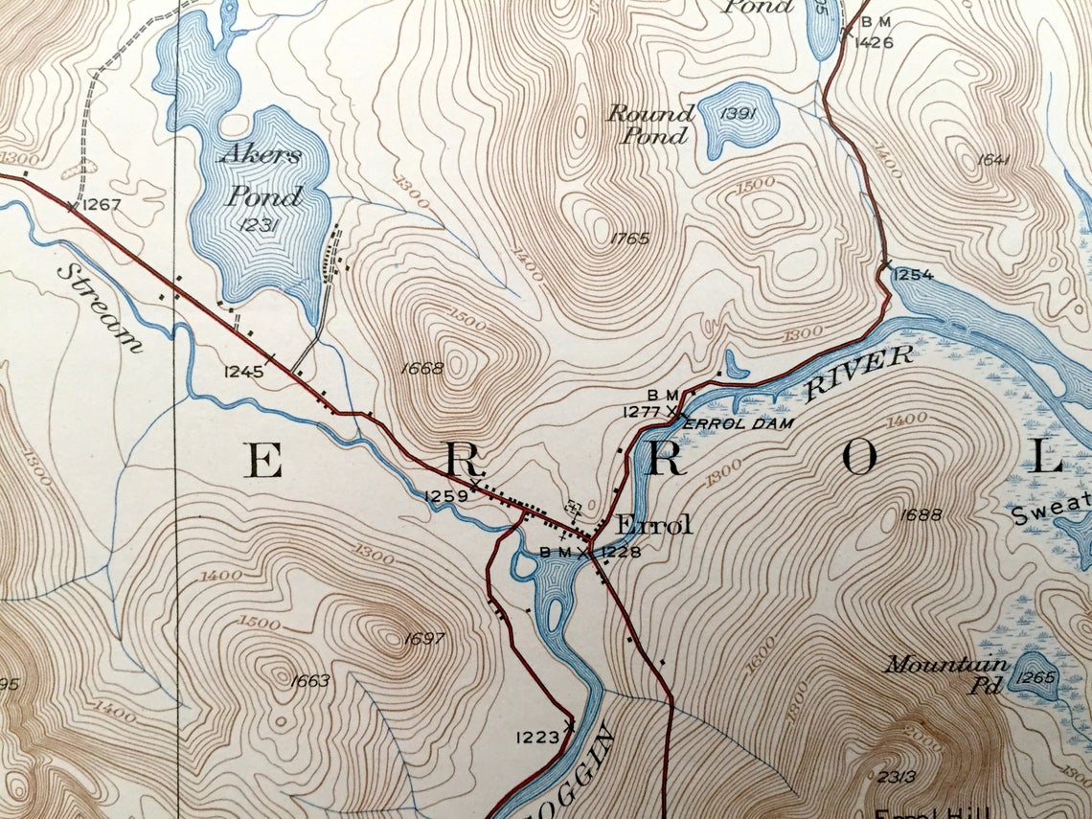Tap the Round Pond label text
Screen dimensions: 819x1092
coord(649,125)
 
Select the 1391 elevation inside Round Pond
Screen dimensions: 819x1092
coord(738,114)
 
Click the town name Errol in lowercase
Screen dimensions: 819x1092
coord(653,525)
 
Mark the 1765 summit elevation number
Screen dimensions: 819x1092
coord(628,239)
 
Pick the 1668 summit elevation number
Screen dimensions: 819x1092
coord(424,368)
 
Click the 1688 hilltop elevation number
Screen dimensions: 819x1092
coord(922,514)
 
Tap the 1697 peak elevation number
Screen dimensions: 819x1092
coord(424,639)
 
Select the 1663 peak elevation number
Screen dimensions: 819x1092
coord(308,681)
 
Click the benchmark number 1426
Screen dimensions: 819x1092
coord(873,42)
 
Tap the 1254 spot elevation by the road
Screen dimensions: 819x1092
coord(913,275)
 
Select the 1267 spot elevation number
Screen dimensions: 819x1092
coord(101,204)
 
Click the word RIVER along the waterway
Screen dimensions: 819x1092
coord(858,373)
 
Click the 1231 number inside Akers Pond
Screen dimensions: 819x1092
coord(259,225)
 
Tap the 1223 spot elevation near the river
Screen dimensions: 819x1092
coord(536,737)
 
